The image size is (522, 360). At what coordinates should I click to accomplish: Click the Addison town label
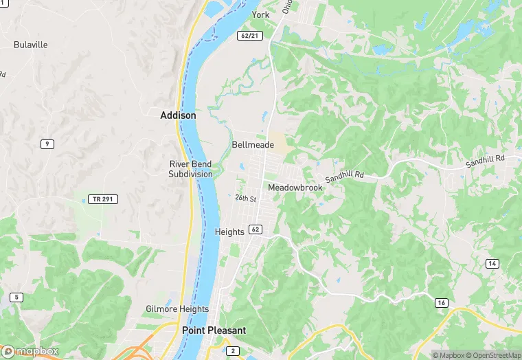pos(178,115)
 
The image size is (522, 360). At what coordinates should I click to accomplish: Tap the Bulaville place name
pos(31,45)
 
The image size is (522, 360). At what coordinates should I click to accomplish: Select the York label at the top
pos(260,14)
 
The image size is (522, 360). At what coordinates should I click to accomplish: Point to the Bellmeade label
pos(253,145)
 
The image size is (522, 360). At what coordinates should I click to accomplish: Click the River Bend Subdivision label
pos(191,169)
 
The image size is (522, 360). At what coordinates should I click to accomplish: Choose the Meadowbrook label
pos(295,188)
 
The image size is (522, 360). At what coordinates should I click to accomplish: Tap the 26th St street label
pos(245,199)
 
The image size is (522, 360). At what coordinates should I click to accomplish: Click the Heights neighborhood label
pos(229,232)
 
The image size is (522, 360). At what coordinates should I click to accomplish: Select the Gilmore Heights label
pos(177,309)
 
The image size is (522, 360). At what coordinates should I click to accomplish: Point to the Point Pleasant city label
pos(214,330)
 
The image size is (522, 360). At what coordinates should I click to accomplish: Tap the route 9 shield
pos(47,144)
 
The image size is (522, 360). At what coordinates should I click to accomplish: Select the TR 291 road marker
pos(103,199)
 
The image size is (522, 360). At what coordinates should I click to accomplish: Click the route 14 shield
pos(492,264)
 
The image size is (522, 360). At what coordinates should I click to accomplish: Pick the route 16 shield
pos(440,302)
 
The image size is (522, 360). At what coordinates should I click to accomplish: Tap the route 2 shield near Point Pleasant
pos(233,351)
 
